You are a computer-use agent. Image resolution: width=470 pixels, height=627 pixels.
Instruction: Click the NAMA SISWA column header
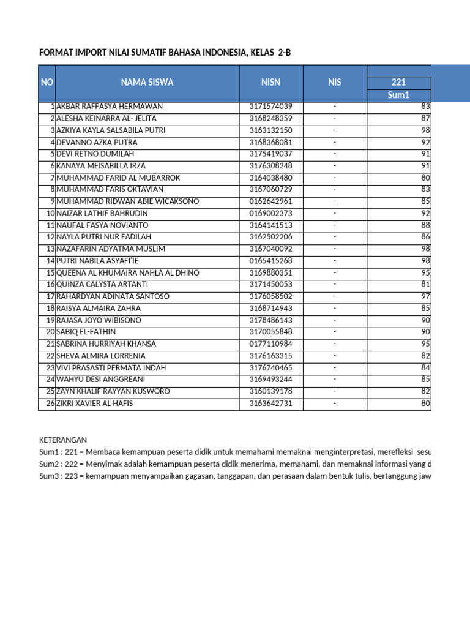point(147,83)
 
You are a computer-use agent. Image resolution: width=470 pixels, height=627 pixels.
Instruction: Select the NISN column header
point(270,83)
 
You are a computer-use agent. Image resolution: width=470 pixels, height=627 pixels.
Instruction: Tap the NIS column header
point(335,83)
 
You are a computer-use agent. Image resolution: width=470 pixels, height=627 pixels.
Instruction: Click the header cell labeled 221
point(398,83)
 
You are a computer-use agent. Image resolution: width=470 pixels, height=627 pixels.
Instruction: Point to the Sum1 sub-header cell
point(398,95)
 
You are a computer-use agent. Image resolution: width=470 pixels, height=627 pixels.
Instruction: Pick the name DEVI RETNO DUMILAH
point(95,154)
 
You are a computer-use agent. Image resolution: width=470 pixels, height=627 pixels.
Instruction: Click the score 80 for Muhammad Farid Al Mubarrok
point(425,178)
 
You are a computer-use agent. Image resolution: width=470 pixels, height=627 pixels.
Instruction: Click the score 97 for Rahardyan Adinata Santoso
point(425,296)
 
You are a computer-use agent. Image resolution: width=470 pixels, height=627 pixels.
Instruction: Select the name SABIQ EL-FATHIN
point(87,332)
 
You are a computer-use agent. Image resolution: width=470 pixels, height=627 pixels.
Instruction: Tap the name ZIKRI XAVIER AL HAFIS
point(94,404)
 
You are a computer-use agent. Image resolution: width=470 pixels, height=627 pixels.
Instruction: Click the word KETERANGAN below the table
point(63,440)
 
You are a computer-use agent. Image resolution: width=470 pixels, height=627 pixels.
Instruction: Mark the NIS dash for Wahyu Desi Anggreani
point(335,380)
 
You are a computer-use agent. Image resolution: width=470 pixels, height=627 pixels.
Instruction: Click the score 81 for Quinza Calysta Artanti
point(425,285)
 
